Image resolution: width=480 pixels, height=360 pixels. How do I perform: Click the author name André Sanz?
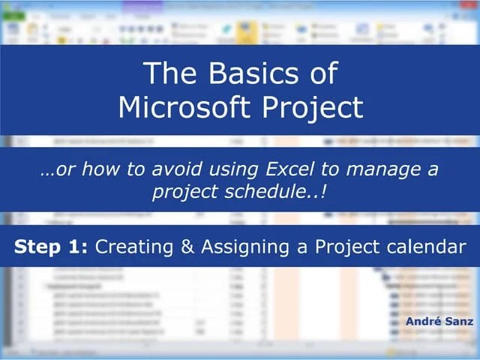click(438, 321)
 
